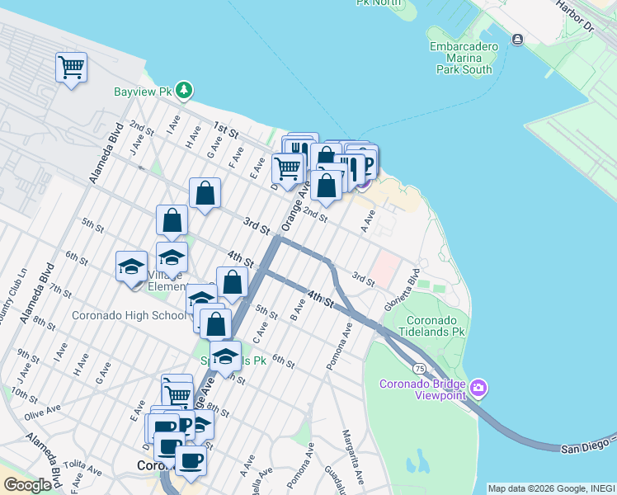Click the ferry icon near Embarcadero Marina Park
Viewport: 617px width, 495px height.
(x=517, y=39)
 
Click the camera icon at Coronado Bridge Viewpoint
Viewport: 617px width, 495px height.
(x=479, y=387)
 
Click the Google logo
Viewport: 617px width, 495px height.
(x=27, y=485)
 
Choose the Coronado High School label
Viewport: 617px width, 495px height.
(x=129, y=315)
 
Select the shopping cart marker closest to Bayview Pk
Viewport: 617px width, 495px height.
(x=72, y=67)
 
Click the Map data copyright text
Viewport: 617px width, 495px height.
(x=551, y=488)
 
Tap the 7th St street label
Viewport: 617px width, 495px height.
(x=60, y=290)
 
